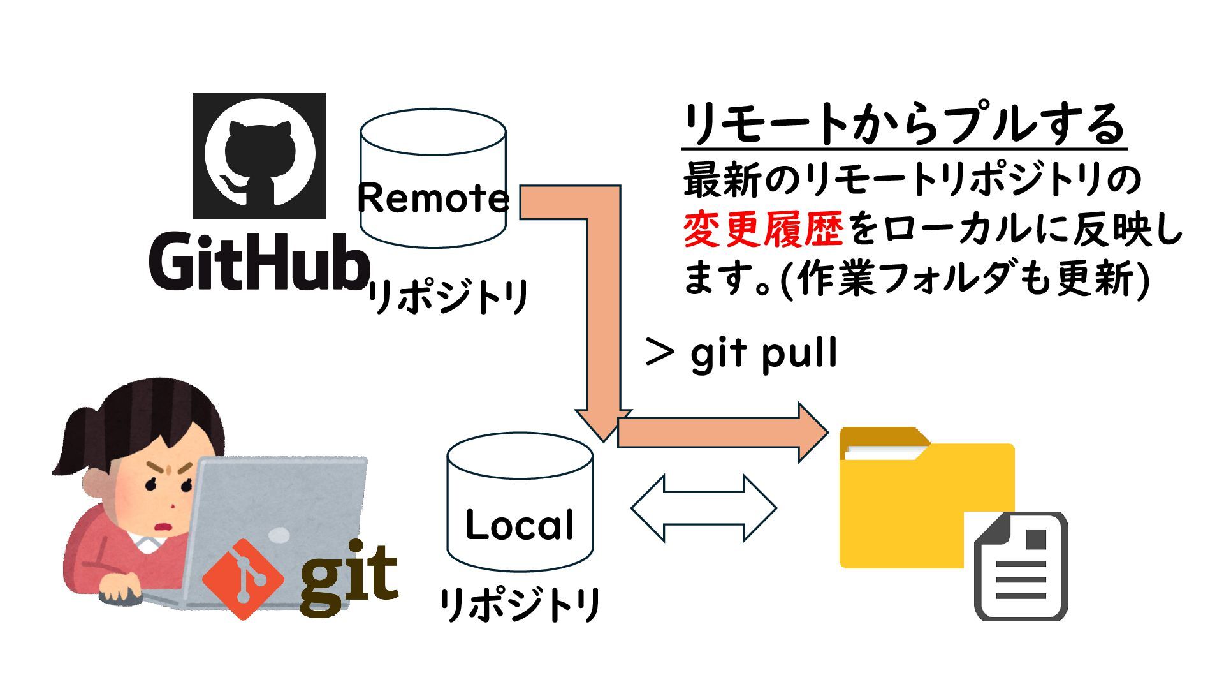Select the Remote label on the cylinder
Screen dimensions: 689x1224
click(x=433, y=198)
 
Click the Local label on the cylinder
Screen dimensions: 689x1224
click(x=520, y=526)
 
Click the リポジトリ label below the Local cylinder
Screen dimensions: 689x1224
click(x=520, y=604)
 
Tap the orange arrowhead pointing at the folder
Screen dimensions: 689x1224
click(x=812, y=433)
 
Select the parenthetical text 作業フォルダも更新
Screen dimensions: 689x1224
click(x=966, y=279)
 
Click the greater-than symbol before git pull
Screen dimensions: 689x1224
click(x=660, y=353)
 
